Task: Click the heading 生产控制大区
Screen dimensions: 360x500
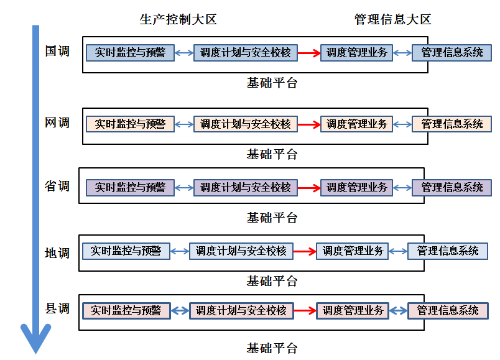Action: [178, 20]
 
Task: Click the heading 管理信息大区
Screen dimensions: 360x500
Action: [392, 20]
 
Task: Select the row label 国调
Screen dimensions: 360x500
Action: [57, 52]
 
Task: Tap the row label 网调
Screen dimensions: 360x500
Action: [57, 122]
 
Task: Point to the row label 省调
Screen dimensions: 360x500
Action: [57, 186]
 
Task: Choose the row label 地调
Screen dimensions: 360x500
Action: [57, 253]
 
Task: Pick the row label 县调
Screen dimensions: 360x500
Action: [57, 309]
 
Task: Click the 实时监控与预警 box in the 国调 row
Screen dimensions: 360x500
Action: [130, 53]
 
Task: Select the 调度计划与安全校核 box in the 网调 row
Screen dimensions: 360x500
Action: [246, 124]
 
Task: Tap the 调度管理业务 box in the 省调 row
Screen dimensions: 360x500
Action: [356, 187]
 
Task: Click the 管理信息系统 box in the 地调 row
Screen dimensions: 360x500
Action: [448, 251]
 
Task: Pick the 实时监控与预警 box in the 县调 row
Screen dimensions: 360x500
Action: [126, 310]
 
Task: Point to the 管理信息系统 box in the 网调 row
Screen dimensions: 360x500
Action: [452, 124]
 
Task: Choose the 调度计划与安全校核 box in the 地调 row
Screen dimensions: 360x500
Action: [241, 251]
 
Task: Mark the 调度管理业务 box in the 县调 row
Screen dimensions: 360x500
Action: [352, 310]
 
